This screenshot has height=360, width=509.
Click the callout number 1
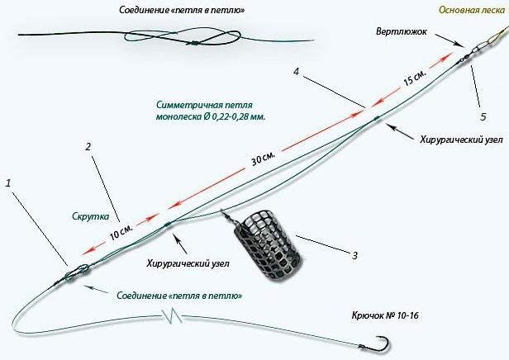pyautogui.click(x=9, y=181)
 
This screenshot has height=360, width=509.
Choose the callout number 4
pyautogui.click(x=297, y=73)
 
